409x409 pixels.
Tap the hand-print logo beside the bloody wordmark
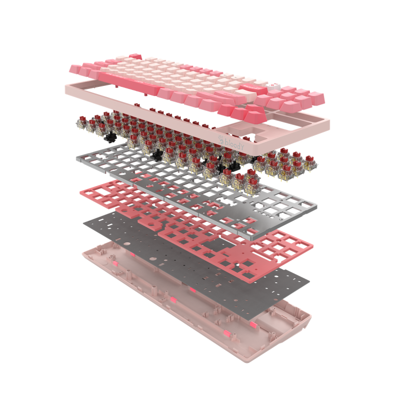click(221, 140)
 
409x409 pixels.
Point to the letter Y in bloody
click(242, 147)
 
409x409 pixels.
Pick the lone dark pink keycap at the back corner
click(135, 56)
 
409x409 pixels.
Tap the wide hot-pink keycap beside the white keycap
click(253, 88)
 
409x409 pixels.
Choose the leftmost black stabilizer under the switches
click(110, 138)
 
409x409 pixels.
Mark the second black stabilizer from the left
click(157, 155)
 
